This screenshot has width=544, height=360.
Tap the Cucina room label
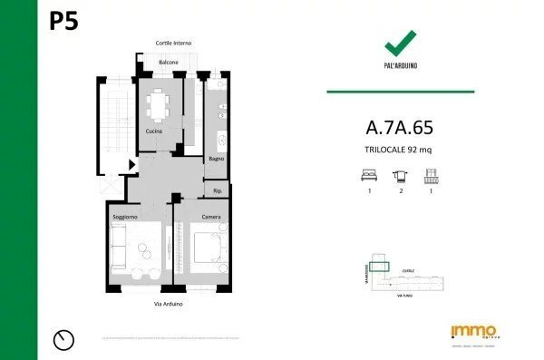154,131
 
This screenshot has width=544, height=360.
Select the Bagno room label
216,159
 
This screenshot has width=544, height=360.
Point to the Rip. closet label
218,190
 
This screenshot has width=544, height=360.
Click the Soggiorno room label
125,218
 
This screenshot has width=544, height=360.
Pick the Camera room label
210,218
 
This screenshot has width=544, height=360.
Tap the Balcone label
169,62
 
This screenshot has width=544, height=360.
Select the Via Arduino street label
169,304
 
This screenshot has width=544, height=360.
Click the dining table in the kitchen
160,102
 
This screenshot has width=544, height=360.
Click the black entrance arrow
132,164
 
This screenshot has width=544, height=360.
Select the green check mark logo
400,43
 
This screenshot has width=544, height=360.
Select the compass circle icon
64,339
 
